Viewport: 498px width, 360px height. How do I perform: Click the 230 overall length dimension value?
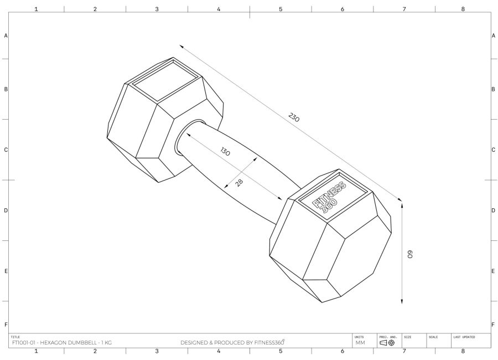tap(294, 117)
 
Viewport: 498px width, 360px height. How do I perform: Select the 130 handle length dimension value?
tap(225, 152)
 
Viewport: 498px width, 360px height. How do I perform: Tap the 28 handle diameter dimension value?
tap(239, 182)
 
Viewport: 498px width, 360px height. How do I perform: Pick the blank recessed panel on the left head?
tap(164, 81)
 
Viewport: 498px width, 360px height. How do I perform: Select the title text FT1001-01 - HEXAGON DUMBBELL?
tap(61, 343)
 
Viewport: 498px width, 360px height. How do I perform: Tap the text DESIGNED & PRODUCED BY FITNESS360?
tap(232, 343)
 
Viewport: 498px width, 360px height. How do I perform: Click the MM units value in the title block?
tap(360, 343)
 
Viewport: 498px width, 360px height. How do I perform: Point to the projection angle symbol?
tap(387, 343)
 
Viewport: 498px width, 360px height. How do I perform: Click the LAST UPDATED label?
tap(464, 337)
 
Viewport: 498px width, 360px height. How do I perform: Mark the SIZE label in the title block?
tap(408, 337)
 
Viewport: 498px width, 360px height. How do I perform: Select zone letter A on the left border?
tap(6, 35)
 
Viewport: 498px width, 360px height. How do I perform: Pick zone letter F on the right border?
tap(492, 324)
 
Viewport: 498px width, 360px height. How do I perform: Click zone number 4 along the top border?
tap(219, 9)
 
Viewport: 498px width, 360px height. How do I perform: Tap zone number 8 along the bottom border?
tap(463, 351)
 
